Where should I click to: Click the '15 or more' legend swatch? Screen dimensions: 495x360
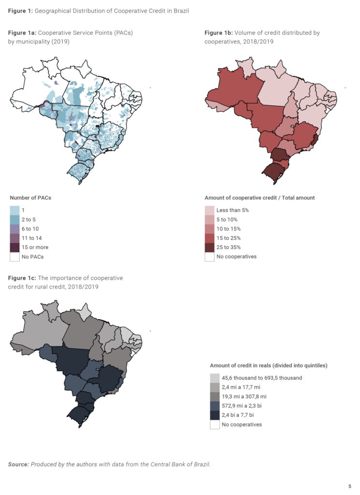pos(15,247)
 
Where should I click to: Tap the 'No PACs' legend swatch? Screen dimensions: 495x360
pos(15,256)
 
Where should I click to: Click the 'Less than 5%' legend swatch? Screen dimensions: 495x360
pos(209,210)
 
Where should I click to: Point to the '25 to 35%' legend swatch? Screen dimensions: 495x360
pos(209,247)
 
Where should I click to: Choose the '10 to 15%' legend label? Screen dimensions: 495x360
pos(228,229)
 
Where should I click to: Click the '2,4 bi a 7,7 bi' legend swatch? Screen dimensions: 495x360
pos(215,415)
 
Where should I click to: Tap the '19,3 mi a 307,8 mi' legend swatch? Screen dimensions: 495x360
pos(215,396)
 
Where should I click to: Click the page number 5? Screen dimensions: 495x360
pos(349,486)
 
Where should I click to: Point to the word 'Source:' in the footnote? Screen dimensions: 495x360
pos(18,465)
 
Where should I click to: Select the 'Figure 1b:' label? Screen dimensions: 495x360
pos(218,33)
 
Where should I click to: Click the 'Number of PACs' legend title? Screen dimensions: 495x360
pos(30,198)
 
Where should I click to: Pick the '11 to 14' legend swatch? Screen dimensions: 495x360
pos(15,238)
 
